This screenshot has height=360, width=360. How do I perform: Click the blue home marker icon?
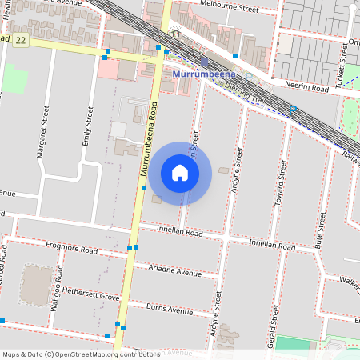(x=180, y=172)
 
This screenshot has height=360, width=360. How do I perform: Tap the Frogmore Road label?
(x=72, y=250)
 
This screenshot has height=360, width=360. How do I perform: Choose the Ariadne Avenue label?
(x=175, y=272)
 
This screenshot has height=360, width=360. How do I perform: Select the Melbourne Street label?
(x=230, y=9)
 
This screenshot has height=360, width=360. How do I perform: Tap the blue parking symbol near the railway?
(x=293, y=109)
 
